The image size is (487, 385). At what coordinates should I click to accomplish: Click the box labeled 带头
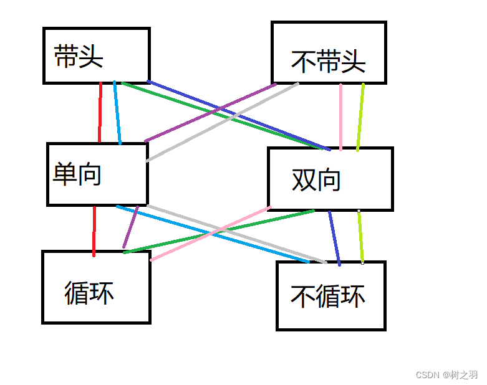click(x=96, y=55)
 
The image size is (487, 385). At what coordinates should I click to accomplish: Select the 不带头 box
click(x=329, y=52)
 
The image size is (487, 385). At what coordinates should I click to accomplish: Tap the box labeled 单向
click(x=97, y=174)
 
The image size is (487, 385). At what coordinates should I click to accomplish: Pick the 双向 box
click(x=330, y=179)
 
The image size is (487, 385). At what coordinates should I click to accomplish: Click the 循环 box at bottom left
click(x=96, y=287)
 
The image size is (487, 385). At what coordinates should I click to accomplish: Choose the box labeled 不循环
click(x=330, y=296)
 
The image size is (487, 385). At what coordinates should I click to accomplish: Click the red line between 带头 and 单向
click(x=100, y=112)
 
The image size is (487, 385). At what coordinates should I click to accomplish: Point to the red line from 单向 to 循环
click(x=94, y=231)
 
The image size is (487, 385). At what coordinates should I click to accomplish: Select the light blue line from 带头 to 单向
click(x=117, y=112)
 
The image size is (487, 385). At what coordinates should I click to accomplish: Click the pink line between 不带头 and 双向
click(x=340, y=116)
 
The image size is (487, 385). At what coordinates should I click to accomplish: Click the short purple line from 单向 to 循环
click(x=131, y=227)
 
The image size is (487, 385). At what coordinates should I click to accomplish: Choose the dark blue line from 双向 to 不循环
click(x=334, y=237)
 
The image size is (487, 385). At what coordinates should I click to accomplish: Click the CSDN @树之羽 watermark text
click(x=446, y=374)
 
